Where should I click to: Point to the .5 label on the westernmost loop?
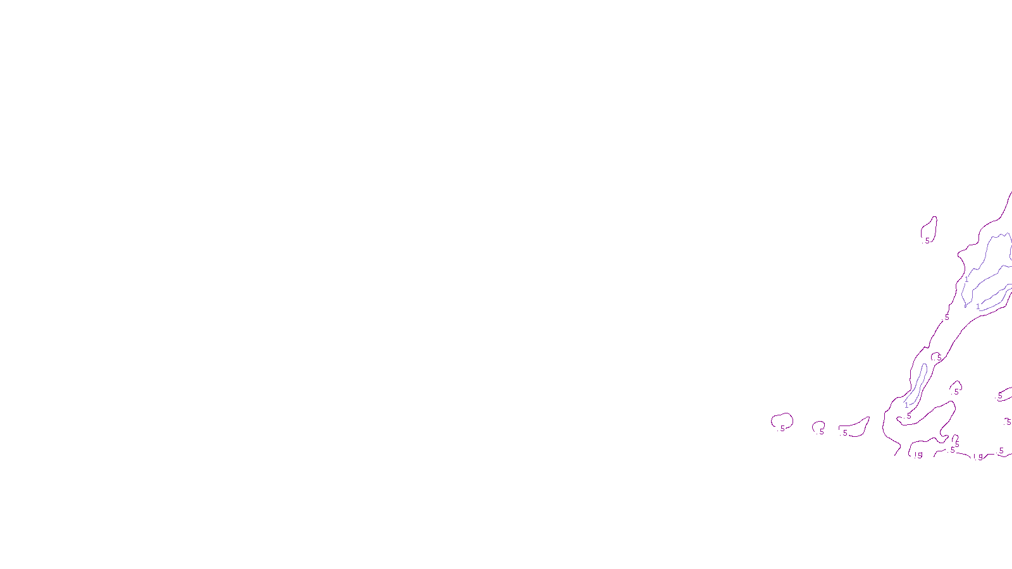click(x=782, y=429)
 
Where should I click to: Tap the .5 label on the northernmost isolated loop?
click(x=927, y=241)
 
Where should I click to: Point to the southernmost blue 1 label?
click(x=906, y=405)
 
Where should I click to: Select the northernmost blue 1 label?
click(x=966, y=279)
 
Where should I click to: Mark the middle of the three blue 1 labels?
click(x=978, y=307)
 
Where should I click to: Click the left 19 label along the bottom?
click(x=918, y=455)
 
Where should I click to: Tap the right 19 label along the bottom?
click(x=978, y=458)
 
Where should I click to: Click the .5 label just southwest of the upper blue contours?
click(x=947, y=317)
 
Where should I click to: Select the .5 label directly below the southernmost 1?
click(x=909, y=416)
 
